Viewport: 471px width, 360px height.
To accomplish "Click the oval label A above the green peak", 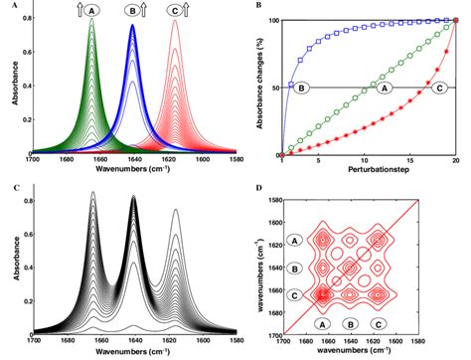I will click(x=92, y=10).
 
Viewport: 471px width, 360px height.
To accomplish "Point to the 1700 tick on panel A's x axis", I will click(x=32, y=159).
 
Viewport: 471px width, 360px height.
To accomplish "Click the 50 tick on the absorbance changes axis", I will click(x=273, y=88).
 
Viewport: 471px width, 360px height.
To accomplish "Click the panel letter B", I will click(x=259, y=6).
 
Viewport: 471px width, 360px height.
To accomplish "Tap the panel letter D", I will click(x=259, y=187).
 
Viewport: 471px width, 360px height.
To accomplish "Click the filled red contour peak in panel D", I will click(x=322, y=293).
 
